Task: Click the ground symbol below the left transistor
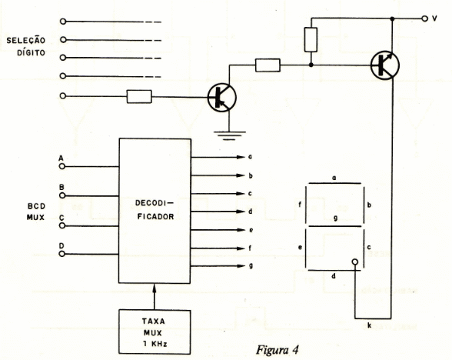229,135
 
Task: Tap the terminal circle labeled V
424,18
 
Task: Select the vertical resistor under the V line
311,40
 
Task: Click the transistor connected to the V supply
385,65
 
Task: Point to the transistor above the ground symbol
222,98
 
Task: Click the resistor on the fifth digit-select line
139,96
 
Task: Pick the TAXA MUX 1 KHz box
155,332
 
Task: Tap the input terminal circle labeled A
62,166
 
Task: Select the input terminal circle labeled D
62,254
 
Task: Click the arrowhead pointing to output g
241,266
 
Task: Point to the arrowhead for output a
241,157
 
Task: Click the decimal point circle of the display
355,262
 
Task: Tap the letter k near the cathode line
369,325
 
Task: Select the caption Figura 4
277,350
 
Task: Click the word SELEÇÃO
26,40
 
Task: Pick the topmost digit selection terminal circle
63,22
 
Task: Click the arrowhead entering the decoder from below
155,287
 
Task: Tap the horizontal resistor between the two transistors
268,65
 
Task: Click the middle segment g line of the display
334,226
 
